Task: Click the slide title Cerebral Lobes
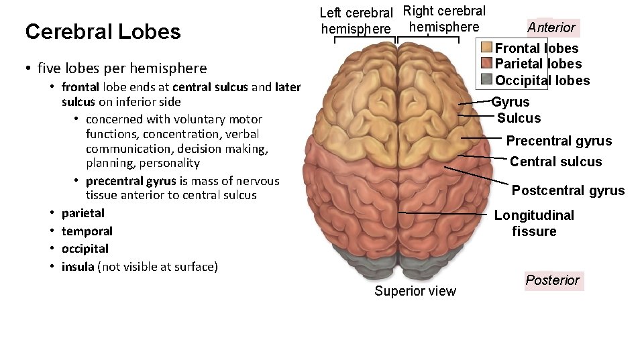103,32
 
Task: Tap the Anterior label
551,27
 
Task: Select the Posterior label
552,280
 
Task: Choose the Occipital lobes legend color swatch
486,80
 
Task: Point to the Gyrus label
511,102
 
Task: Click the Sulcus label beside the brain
519,119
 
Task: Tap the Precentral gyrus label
559,141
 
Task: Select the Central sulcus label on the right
555,162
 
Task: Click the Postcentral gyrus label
568,190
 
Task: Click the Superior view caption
415,291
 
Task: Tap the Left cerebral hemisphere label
356,21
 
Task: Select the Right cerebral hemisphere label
444,19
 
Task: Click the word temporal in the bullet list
87,231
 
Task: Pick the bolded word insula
78,267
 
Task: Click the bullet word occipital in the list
85,249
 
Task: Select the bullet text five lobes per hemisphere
122,68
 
